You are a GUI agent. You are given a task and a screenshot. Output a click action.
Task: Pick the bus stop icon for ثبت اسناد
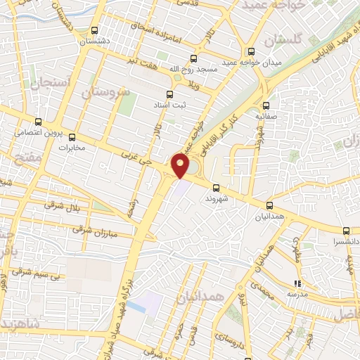coord(169,94)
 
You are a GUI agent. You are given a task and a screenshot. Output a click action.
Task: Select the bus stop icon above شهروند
coord(216,188)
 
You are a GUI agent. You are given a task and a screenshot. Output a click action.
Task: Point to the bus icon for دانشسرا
coord(346,231)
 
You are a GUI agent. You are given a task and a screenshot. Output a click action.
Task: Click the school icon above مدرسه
coord(296,283)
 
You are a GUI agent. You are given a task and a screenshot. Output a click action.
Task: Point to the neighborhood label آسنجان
coord(49,83)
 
